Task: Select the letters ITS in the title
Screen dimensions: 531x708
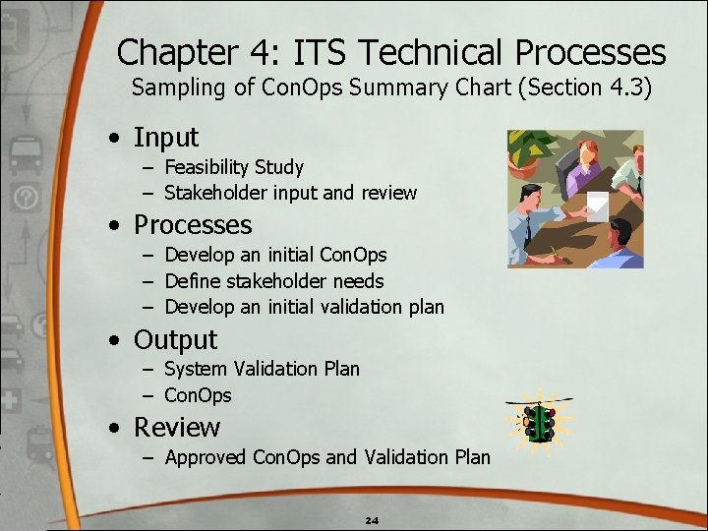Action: (331, 52)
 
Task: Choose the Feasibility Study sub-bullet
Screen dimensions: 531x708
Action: (233, 167)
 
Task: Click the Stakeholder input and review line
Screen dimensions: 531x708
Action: (290, 193)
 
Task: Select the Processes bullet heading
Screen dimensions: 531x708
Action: (193, 225)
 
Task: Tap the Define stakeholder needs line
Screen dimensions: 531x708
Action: (273, 281)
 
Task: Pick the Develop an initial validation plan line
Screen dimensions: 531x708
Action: (304, 307)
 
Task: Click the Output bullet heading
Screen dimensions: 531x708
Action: (175, 340)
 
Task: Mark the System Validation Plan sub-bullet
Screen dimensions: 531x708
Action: (262, 369)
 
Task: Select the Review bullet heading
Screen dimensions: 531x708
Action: (177, 428)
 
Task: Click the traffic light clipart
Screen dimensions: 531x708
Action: (540, 422)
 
